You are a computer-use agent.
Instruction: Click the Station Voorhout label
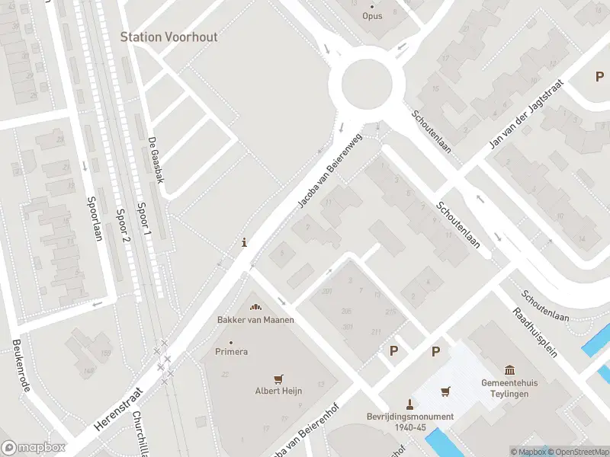pyautogui.click(x=169, y=37)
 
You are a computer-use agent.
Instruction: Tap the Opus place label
pyautogui.click(x=372, y=15)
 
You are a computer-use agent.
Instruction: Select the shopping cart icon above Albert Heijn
pyautogui.click(x=278, y=378)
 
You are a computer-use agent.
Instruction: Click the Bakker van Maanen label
pyautogui.click(x=255, y=319)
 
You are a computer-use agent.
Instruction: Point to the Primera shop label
pyautogui.click(x=233, y=352)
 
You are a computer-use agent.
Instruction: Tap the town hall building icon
pyautogui.click(x=510, y=369)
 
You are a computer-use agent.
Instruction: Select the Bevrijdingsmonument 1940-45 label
pyautogui.click(x=410, y=421)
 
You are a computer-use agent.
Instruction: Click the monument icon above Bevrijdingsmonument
pyautogui.click(x=410, y=403)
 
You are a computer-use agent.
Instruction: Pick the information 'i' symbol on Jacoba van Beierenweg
pyautogui.click(x=244, y=243)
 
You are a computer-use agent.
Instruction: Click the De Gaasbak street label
pyautogui.click(x=157, y=160)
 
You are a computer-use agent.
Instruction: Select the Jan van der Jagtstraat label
pyautogui.click(x=526, y=114)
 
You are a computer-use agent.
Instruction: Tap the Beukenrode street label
pyautogui.click(x=21, y=366)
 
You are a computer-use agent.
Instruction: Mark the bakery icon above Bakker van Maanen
pyautogui.click(x=255, y=306)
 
